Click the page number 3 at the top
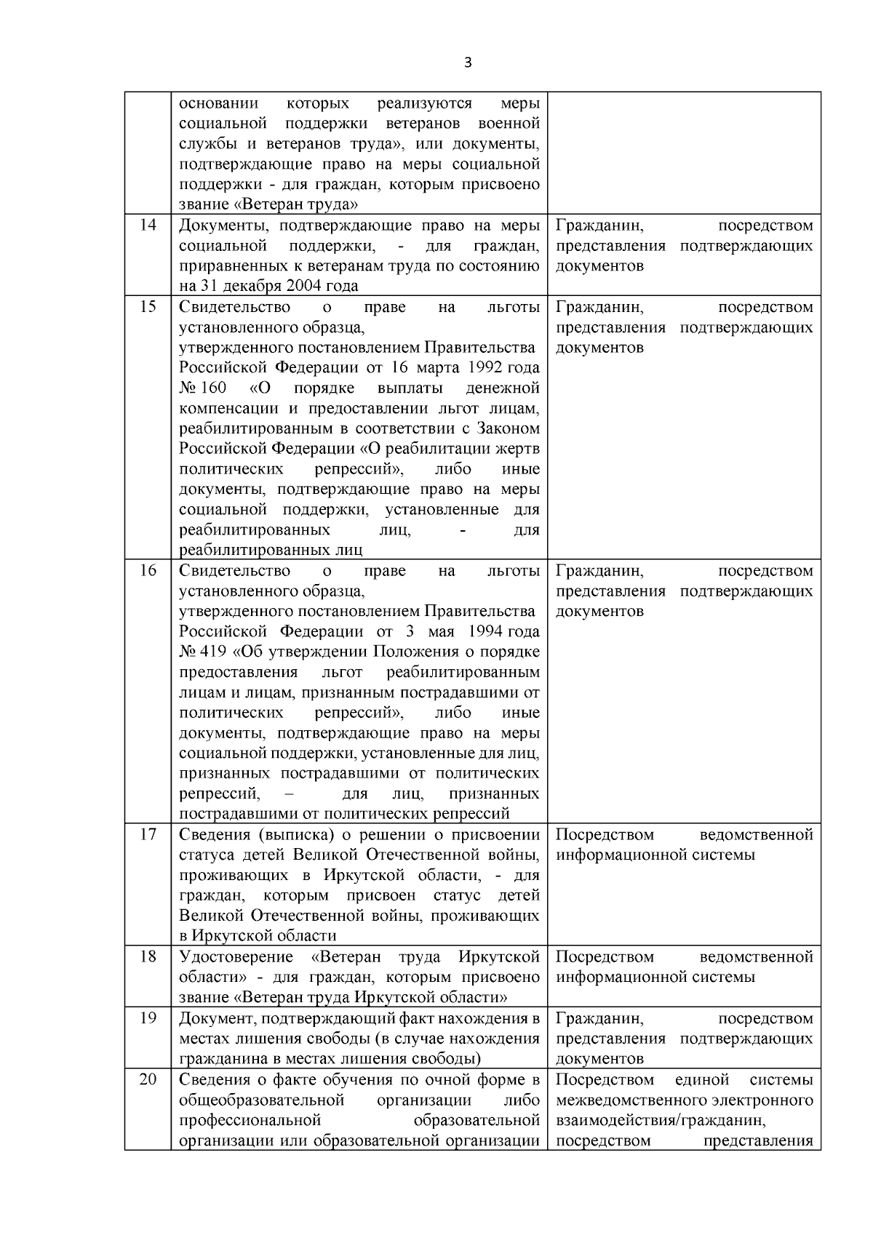point(468,63)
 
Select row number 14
point(148,225)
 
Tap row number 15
point(148,306)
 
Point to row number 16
point(148,570)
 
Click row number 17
point(148,834)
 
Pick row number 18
point(148,956)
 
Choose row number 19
point(148,1018)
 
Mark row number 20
point(148,1079)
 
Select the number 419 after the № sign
point(212,652)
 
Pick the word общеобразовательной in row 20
point(261,1100)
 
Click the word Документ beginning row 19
point(215,1018)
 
